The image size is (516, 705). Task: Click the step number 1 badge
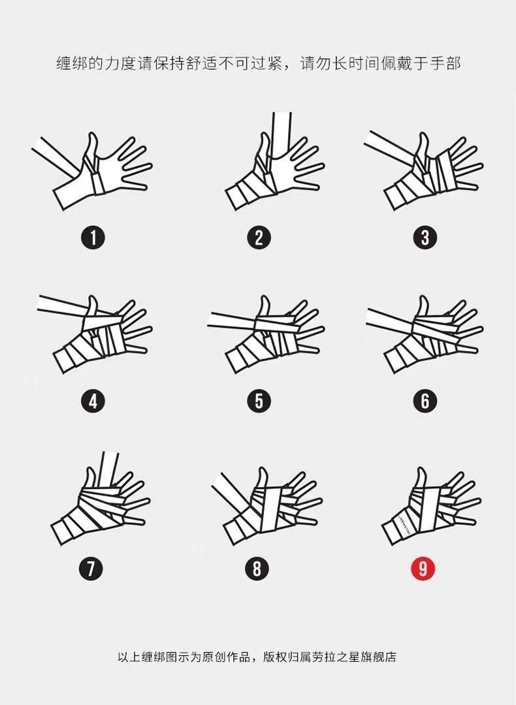tap(93, 238)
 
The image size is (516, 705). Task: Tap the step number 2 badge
tap(259, 238)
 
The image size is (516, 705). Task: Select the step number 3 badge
tap(425, 238)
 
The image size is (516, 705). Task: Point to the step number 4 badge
tap(93, 401)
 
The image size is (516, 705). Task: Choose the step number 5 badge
tap(259, 401)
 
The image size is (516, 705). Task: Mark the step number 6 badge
tap(425, 401)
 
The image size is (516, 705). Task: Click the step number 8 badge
tap(257, 569)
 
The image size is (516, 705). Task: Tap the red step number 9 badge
tap(423, 569)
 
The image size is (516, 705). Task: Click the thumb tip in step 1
tap(93, 134)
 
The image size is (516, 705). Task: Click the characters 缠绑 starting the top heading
tap(71, 63)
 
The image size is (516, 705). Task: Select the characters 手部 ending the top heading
tap(445, 63)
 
